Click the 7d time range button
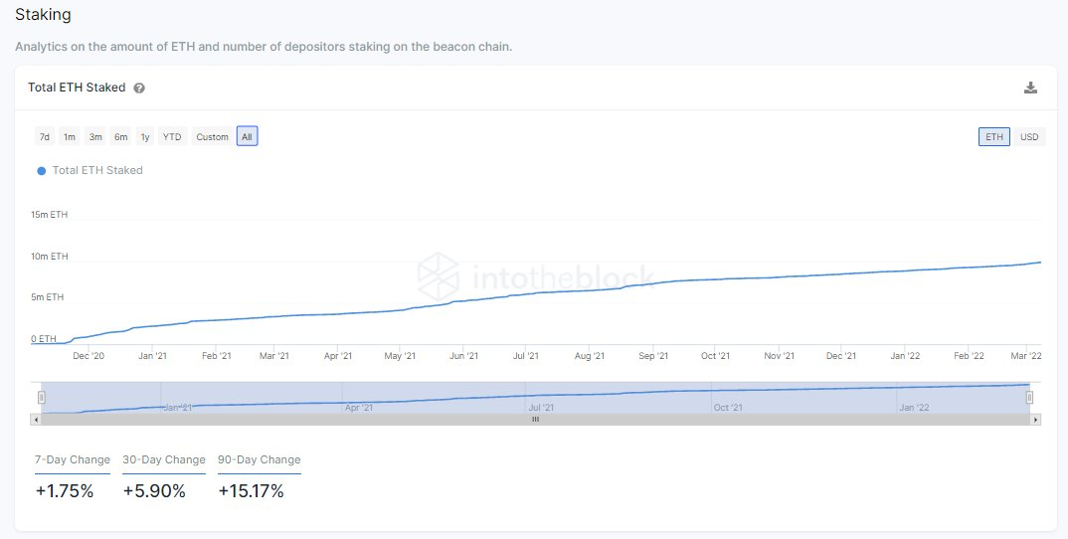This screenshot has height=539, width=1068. tap(44, 137)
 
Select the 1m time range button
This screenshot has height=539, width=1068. tap(70, 137)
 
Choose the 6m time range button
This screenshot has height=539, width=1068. tap(120, 137)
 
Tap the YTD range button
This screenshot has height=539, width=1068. tap(172, 137)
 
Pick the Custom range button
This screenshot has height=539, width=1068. tap(212, 137)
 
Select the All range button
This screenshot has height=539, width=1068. tap(247, 137)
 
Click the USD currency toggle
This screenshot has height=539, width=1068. tap(1029, 137)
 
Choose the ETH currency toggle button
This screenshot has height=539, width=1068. tap(994, 137)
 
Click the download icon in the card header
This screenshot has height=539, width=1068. tap(1030, 88)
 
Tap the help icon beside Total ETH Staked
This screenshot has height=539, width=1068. tap(139, 88)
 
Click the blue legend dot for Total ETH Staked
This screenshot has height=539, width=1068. tap(42, 171)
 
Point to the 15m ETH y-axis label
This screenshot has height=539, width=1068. tap(49, 215)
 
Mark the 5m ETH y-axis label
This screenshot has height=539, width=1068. tap(47, 297)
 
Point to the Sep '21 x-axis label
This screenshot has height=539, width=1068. tap(652, 355)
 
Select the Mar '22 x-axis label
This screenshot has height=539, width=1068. tap(1025, 355)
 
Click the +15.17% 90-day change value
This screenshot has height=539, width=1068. tap(251, 490)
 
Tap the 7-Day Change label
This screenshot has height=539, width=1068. tap(73, 459)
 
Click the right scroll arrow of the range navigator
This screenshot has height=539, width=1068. tap(1035, 420)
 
